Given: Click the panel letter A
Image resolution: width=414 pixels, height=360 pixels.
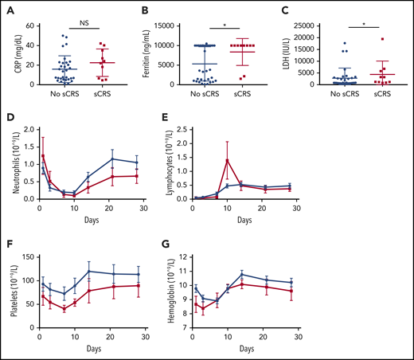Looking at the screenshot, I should coord(9,11).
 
